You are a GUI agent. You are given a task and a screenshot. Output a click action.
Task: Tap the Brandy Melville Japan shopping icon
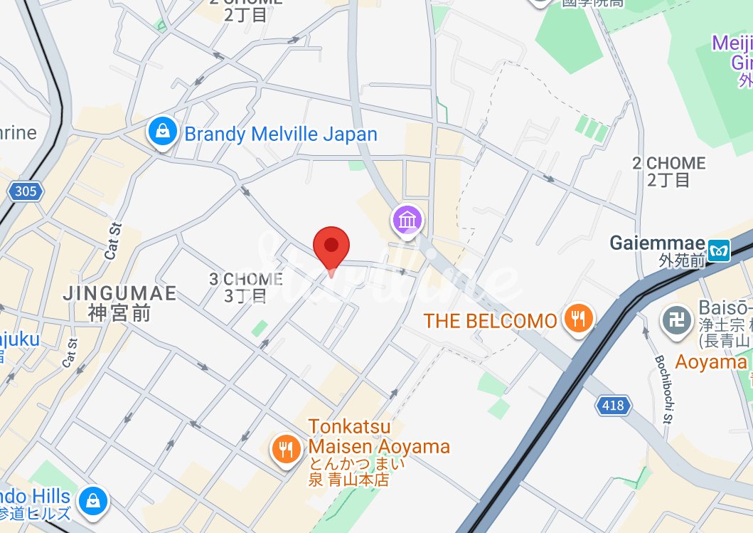pos(163,132)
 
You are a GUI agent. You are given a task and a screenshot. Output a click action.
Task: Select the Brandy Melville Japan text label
pos(281,134)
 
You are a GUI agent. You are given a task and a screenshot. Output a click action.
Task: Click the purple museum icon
pos(408,220)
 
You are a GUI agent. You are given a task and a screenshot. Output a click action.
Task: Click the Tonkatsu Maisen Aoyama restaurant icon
pos(286,448)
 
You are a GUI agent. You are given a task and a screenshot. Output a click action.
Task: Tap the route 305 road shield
pos(25,191)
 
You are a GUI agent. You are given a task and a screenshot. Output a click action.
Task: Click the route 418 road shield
pos(612,406)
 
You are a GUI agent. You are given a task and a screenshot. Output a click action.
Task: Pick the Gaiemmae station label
pos(657,244)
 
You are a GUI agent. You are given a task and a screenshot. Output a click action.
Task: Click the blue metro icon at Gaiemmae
pos(721,250)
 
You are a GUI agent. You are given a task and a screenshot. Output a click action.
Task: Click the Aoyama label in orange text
pos(711,362)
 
